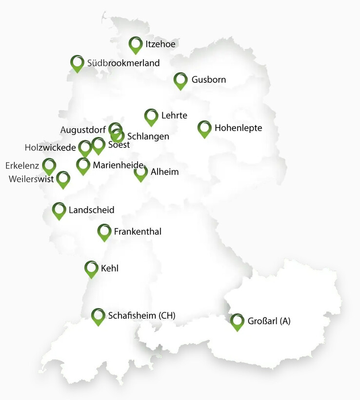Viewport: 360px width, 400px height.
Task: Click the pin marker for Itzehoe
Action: pos(136,44)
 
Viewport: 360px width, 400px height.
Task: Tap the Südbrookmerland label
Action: pos(123,63)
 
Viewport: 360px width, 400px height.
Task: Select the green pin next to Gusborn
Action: pos(180,80)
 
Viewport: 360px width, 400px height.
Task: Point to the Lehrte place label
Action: pos(174,115)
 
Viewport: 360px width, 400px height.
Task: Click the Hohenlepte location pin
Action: pos(204,128)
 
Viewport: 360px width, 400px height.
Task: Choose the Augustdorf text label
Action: pos(83,130)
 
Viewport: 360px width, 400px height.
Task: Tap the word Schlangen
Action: pos(148,136)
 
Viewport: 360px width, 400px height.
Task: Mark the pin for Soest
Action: pos(99,145)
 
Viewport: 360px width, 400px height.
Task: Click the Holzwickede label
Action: pos(51,147)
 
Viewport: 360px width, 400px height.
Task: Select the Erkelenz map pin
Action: pos(49,166)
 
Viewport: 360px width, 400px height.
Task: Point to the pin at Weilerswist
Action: pos(63,179)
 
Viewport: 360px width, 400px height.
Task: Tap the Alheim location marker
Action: pos(141,173)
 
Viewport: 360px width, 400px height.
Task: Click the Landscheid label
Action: pos(91,210)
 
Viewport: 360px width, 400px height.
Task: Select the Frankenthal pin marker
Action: pos(104,231)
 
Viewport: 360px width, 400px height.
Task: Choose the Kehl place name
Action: pos(109,268)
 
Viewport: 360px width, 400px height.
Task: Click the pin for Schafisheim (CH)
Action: pos(99,316)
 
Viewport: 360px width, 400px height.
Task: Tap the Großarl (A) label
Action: pos(268,321)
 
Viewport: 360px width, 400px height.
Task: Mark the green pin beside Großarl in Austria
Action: pos(238,321)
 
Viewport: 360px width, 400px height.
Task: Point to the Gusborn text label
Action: pos(209,79)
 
